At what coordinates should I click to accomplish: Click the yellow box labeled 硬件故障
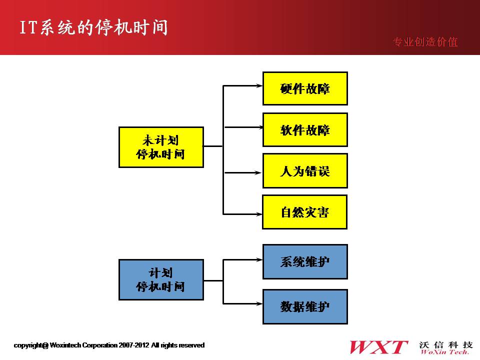click(x=305, y=88)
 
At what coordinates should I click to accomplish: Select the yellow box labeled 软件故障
click(x=305, y=130)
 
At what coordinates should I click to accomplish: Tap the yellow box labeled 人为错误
click(x=305, y=171)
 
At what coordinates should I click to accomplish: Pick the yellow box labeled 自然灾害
click(x=305, y=212)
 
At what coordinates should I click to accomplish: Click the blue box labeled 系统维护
click(x=305, y=261)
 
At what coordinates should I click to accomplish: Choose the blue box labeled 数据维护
click(x=305, y=306)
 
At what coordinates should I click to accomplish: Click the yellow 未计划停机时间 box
click(x=161, y=147)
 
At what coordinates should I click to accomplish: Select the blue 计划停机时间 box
click(x=161, y=280)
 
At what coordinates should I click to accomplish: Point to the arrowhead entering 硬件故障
click(x=259, y=85)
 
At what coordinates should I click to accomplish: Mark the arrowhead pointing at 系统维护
click(x=259, y=259)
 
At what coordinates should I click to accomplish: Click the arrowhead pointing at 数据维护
click(x=259, y=303)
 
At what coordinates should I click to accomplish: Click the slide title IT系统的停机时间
click(x=93, y=27)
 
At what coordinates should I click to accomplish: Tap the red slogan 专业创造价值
click(x=425, y=42)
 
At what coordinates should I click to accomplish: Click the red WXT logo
click(x=378, y=347)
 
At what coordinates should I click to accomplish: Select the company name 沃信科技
click(x=445, y=344)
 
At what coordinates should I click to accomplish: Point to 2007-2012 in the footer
click(x=134, y=345)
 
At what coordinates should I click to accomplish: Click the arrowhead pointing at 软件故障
click(x=260, y=127)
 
